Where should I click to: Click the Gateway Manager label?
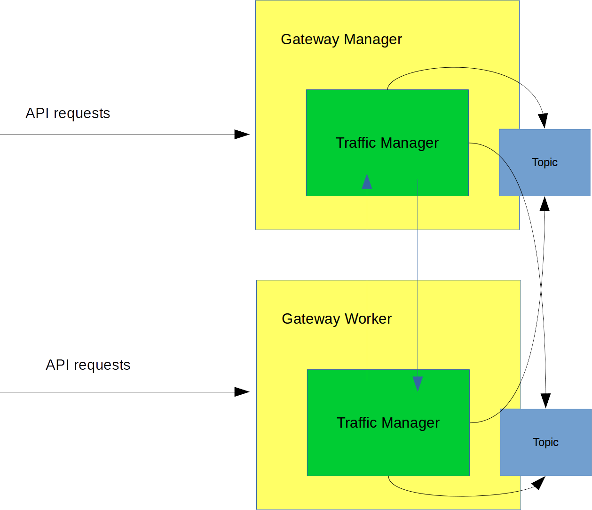coord(341,40)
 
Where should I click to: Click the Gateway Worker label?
coord(336,319)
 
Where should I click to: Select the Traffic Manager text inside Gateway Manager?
coord(387,143)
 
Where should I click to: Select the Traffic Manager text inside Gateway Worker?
coord(388,423)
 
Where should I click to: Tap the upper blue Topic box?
coord(545,162)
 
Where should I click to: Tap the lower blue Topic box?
coord(545,442)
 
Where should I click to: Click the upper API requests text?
coord(68,113)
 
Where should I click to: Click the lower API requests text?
coord(88,365)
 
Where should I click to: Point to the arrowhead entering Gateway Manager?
coord(242,135)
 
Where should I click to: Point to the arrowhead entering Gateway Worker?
coord(242,392)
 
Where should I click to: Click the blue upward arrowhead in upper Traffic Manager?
coord(367,182)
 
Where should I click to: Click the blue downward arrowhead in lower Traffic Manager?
coord(418,383)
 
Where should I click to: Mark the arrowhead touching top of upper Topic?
coord(543,121)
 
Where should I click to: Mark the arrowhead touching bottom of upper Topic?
coord(545,204)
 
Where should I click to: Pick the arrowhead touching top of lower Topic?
coord(545,401)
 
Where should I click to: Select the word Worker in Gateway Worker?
coord(368,319)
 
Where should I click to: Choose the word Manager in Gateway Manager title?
coord(373,40)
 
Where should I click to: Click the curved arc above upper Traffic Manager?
coord(454,67)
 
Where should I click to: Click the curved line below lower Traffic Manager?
coord(461,496)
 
